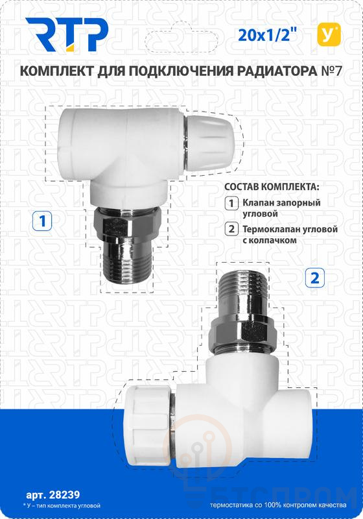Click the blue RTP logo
pos(67,35)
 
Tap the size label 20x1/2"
pos(266,35)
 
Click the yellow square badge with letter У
pos(329,35)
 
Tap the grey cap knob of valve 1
pos(211,143)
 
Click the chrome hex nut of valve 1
pos(126,224)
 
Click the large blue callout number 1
pos(42,221)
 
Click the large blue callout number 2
pos(315,278)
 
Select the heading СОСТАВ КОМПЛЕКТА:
pos(272,186)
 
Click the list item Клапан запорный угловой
pos(281,208)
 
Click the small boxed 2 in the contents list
pos(231,229)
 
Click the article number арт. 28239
pos(53,495)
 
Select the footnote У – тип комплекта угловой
pos(62,506)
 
